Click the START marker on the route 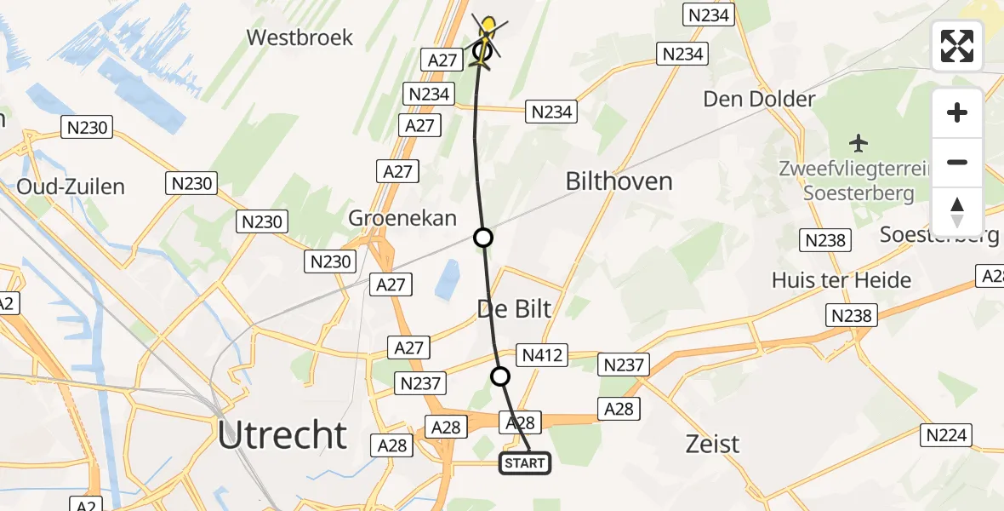coord(524,463)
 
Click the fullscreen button coord(957,46)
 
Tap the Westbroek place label coord(299,37)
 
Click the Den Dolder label coord(759,99)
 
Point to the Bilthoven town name coord(619,181)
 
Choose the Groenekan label coord(402,217)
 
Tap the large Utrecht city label coord(282,435)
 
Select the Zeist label coord(712,443)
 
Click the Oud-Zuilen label coord(71,187)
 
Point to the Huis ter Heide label coord(841,279)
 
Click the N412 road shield coord(542,354)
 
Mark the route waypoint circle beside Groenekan coord(482,237)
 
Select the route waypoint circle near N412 coord(500,376)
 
